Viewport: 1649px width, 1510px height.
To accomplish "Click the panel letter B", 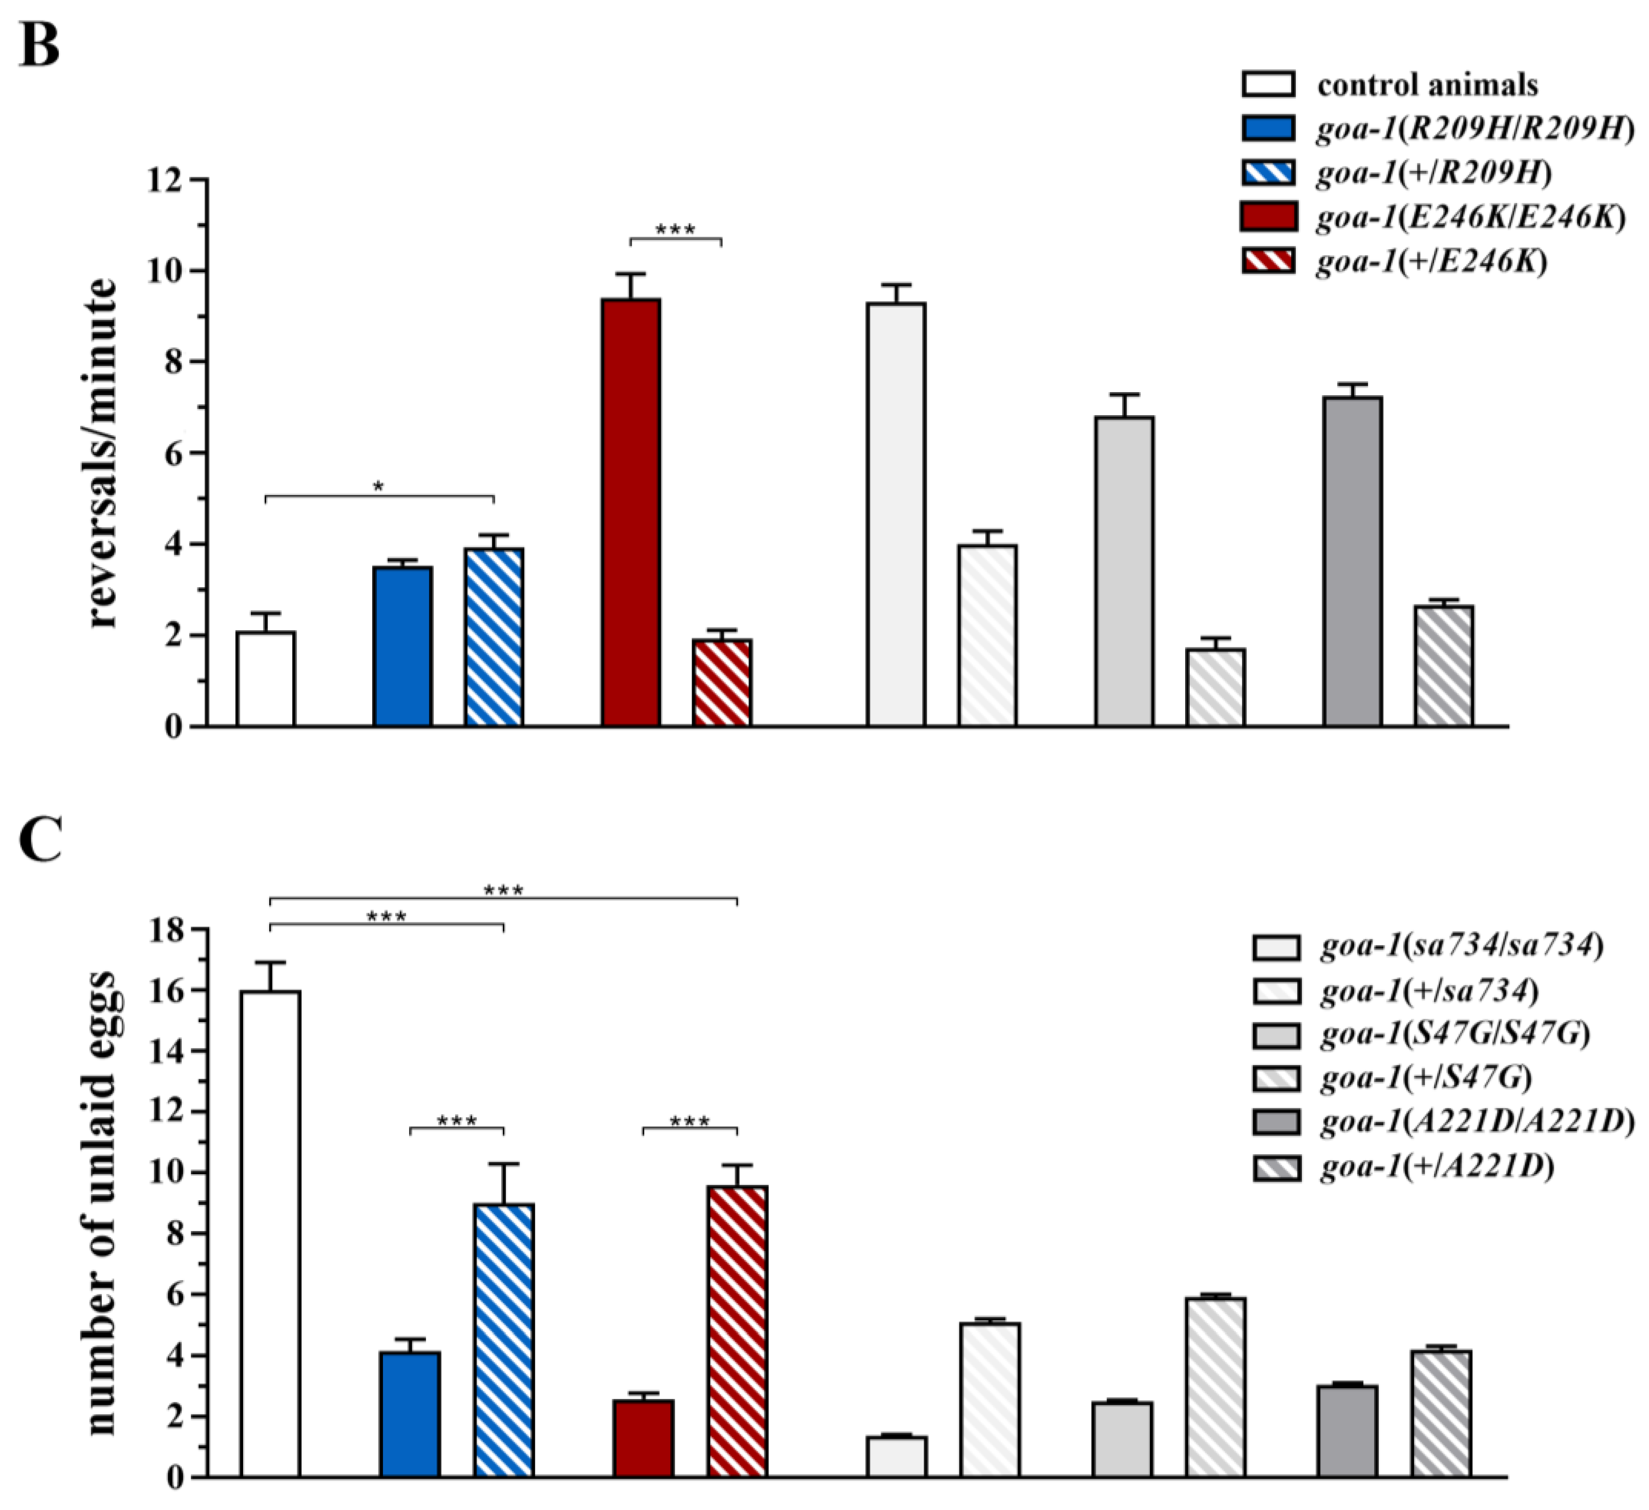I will [x=39, y=45].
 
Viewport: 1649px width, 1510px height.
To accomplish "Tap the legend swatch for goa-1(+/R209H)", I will [x=1268, y=172].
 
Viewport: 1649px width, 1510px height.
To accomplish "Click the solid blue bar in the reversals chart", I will [x=402, y=646].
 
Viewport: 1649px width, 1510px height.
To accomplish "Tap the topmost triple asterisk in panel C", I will [x=503, y=889].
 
